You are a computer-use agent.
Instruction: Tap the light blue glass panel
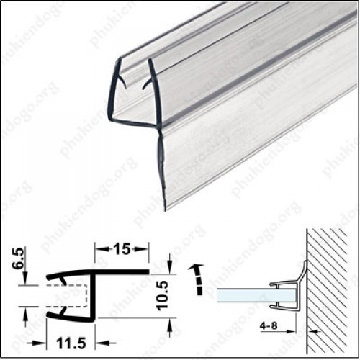[x=243, y=294]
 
